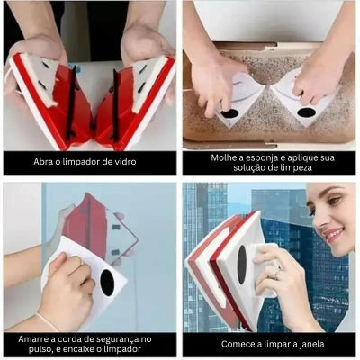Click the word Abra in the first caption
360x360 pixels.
(x=42, y=162)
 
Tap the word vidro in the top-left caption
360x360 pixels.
(x=126, y=162)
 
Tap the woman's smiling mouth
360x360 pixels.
(x=334, y=234)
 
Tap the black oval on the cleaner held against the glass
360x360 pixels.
(x=107, y=283)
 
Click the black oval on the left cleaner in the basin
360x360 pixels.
(x=229, y=113)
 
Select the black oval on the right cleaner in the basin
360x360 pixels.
(x=306, y=112)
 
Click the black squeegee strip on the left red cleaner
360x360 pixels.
(x=71, y=103)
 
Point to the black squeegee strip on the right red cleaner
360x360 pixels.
(x=114, y=105)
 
